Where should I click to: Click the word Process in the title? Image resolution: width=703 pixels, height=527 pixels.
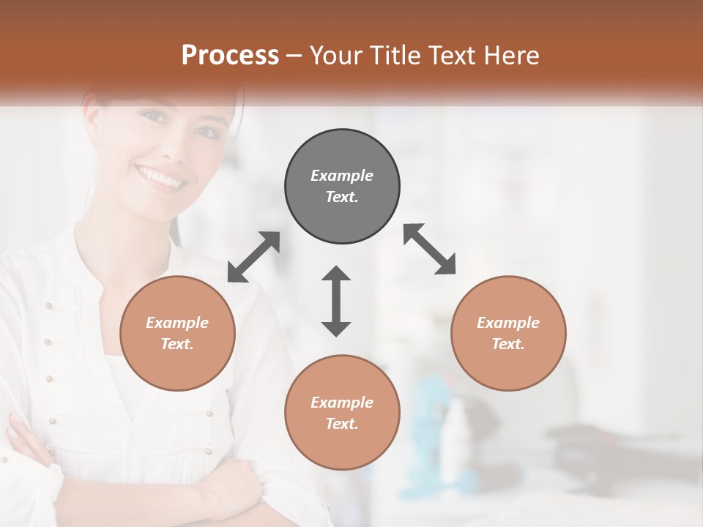click(x=230, y=56)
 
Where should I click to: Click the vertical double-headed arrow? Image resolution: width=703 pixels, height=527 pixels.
click(x=336, y=301)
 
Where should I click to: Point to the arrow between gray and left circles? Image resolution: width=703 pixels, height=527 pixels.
click(x=253, y=257)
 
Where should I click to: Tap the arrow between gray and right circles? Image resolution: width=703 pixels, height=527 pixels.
click(x=430, y=249)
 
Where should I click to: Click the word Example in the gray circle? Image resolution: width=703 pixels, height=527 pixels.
click(x=342, y=176)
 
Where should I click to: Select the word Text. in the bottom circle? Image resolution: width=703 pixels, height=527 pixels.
click(x=342, y=424)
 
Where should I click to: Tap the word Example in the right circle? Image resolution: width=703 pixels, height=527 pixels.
click(x=508, y=323)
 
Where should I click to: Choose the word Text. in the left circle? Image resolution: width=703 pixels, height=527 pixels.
click(x=177, y=344)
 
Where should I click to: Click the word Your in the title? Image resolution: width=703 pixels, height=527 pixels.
click(x=335, y=56)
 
